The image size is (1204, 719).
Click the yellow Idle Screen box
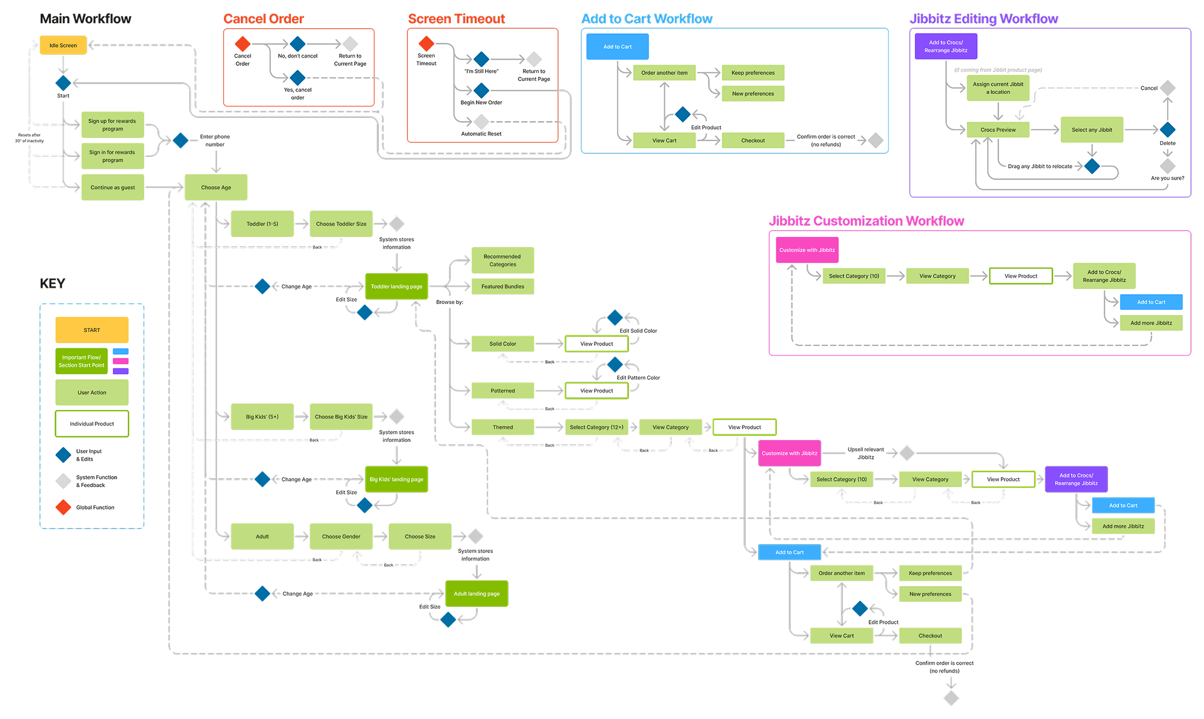tap(63, 45)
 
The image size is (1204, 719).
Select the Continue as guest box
tap(112, 187)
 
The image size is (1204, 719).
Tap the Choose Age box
tap(216, 187)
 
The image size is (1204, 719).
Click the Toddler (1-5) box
tap(262, 224)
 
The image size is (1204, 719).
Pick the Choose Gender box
tap(341, 537)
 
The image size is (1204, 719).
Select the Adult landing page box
tap(477, 594)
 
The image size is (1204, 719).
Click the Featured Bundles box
tap(502, 286)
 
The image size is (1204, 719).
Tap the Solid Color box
tap(502, 344)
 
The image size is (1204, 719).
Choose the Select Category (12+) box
tap(596, 427)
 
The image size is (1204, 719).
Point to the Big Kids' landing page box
tap(396, 480)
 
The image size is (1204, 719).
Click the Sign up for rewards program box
tap(112, 125)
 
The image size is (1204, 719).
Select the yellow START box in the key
tap(92, 330)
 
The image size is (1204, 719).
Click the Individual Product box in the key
tap(92, 424)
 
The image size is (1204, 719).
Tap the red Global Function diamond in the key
tap(63, 507)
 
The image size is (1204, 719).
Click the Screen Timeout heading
tap(457, 19)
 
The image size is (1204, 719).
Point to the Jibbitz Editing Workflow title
tap(984, 19)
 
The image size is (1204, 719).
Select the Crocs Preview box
tap(998, 130)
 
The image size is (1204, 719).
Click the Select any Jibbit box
tap(1092, 130)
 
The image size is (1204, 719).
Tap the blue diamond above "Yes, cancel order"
tap(298, 78)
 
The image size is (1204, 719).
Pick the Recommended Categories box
tap(502, 260)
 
